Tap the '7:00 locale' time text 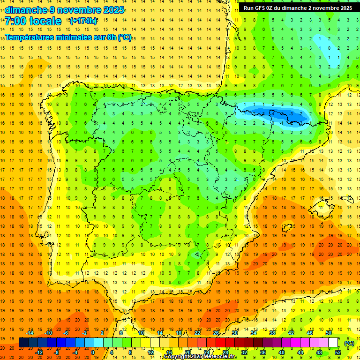(x=33, y=21)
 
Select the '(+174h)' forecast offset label (x=83, y=21)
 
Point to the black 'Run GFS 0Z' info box (x=298, y=8)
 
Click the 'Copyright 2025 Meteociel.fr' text (x=200, y=357)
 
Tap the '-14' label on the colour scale (x=30, y=333)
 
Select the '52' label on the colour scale (x=337, y=352)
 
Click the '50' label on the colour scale (x=329, y=333)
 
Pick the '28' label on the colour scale (x=225, y=352)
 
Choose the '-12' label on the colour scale (x=40, y=352)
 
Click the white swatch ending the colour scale (x=333, y=343)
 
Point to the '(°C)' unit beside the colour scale (x=349, y=343)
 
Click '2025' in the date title (x=114, y=10)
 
